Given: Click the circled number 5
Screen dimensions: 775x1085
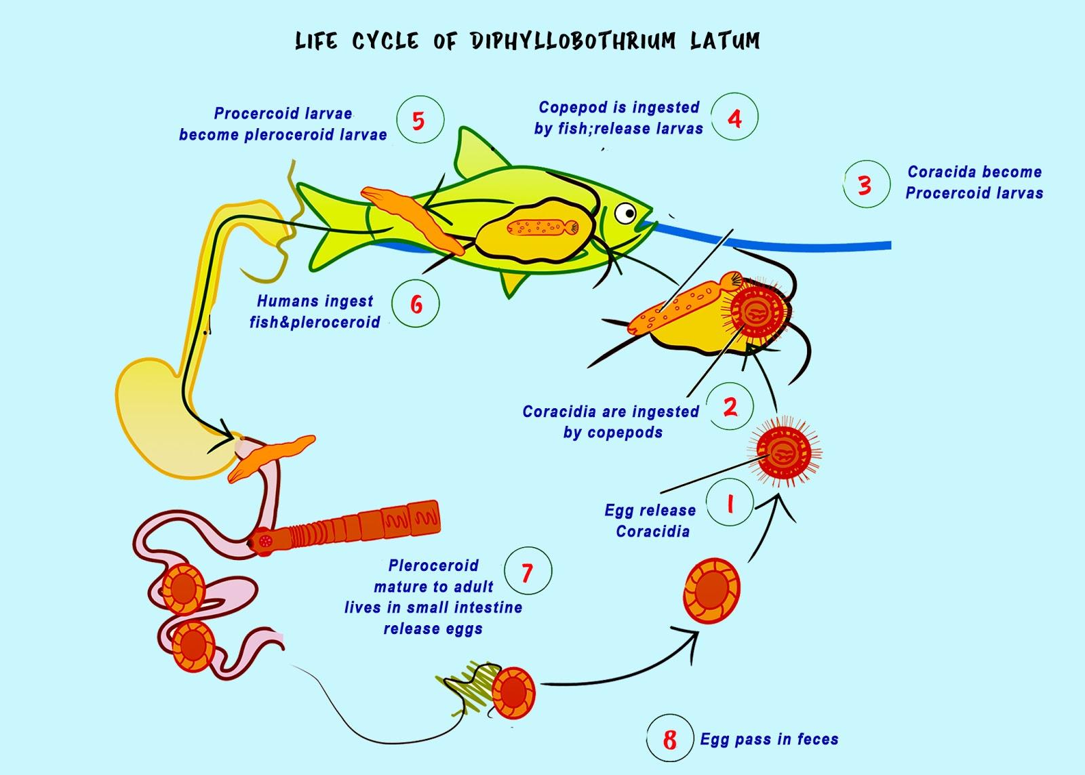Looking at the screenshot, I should point(418,121).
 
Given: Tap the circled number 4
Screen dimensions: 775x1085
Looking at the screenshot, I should point(734,118).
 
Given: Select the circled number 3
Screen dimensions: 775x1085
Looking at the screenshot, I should point(865,184).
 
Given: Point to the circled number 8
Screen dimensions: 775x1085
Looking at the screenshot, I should point(669,739).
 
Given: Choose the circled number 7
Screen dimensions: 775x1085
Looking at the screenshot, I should point(527,572).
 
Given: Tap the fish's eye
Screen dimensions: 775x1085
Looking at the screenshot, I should point(625,214).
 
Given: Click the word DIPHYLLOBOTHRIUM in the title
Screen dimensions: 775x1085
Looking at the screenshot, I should point(572,41).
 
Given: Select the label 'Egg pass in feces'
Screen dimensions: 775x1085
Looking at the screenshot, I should point(769,739).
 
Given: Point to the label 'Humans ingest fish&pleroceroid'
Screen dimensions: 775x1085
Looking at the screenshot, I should point(315,311).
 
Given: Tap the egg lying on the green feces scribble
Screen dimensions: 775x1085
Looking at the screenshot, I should point(513,692).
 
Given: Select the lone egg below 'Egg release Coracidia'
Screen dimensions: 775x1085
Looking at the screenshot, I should point(711,591).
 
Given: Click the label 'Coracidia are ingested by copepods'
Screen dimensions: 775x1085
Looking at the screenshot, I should point(611,421).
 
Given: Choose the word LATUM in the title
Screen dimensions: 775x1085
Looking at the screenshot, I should point(724,41).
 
